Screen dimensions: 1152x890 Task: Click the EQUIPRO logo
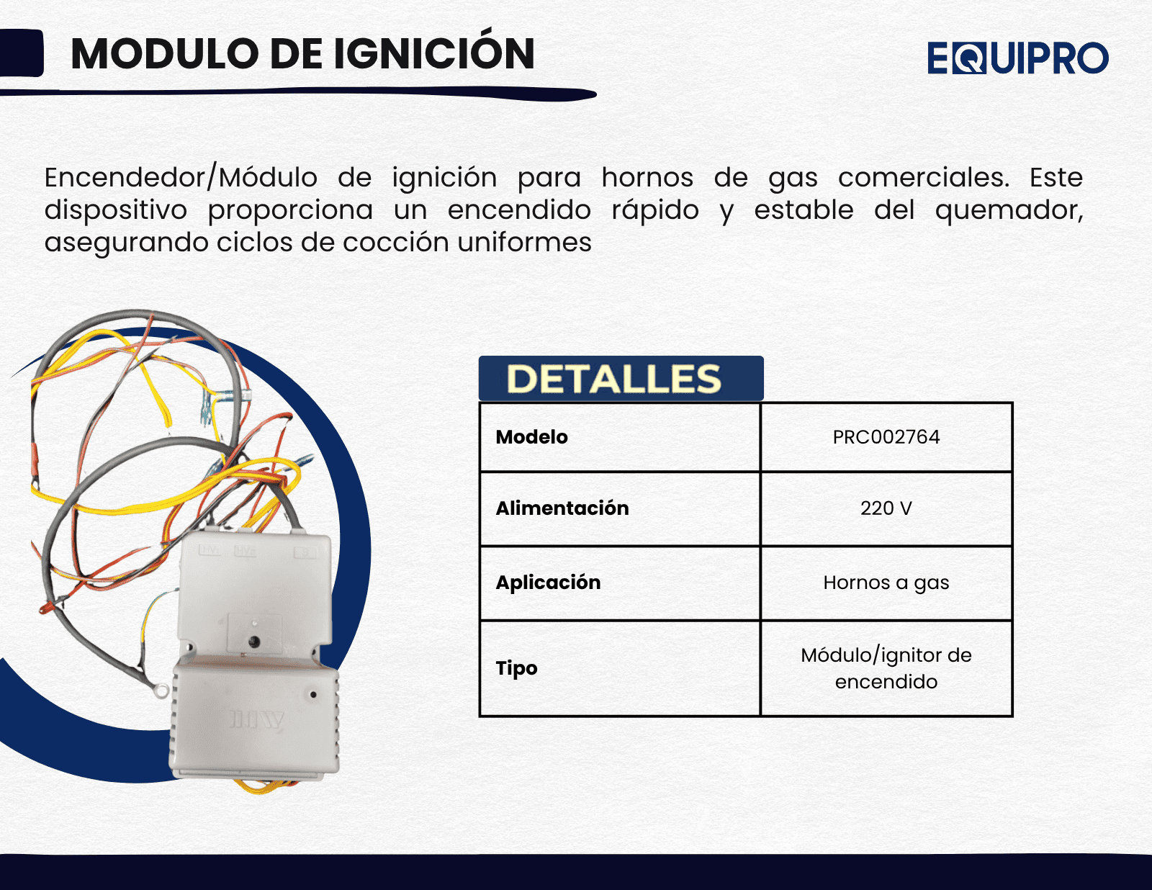tap(1018, 58)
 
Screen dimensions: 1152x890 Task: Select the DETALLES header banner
tap(621, 379)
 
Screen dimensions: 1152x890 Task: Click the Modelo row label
tap(532, 437)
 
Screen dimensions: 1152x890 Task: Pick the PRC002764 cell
tap(886, 437)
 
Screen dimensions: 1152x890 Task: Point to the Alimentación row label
tap(562, 508)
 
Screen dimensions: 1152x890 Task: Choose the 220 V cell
tap(886, 508)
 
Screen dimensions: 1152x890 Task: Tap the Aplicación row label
tap(548, 583)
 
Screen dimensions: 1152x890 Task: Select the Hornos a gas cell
tap(886, 583)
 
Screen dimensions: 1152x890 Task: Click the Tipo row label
tap(516, 668)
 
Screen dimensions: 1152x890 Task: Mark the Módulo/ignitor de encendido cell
tap(886, 668)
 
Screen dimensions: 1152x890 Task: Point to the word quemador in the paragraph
tap(1009, 210)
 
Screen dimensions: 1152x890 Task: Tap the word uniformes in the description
tap(524, 242)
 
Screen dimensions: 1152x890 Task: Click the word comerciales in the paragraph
tap(924, 177)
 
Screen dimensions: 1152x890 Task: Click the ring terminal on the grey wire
tap(160, 690)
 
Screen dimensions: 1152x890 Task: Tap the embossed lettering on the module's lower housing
tap(257, 720)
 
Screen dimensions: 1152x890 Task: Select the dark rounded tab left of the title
tap(21, 53)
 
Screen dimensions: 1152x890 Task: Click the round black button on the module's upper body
tap(254, 642)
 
